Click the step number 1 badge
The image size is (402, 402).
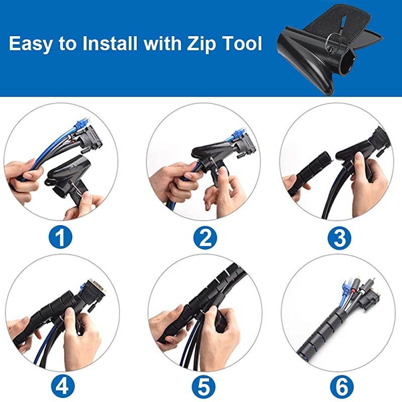[x=60, y=238]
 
